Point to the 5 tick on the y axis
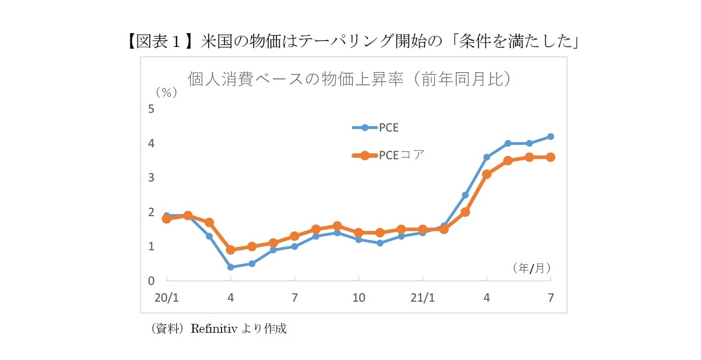click(x=151, y=109)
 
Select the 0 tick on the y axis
click(x=151, y=280)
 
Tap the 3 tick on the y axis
click(x=151, y=178)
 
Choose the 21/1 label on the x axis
click(x=423, y=298)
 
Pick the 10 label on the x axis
click(x=358, y=298)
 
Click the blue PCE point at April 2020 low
click(x=230, y=267)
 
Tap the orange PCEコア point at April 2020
click(x=230, y=250)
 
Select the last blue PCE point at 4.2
click(x=551, y=136)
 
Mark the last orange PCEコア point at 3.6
click(x=551, y=157)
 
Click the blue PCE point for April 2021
click(x=487, y=157)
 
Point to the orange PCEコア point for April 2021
click(x=487, y=174)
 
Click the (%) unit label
click(x=166, y=92)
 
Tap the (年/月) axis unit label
click(x=531, y=268)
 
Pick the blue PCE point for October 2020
click(x=358, y=239)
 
